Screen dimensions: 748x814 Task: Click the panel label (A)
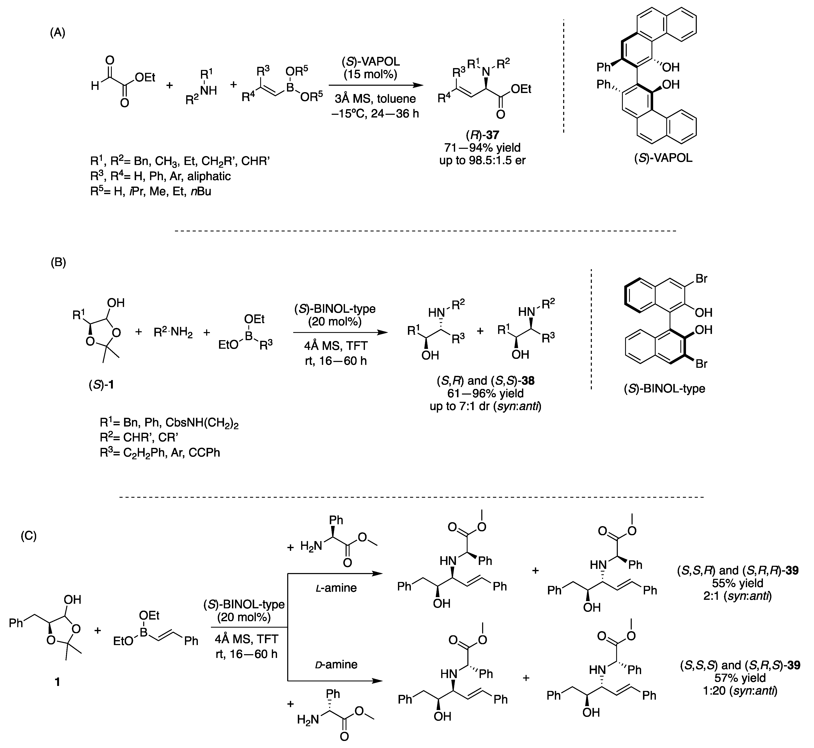tap(57, 33)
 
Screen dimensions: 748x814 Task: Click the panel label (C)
tap(28, 536)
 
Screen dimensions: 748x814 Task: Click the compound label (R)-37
tap(482, 135)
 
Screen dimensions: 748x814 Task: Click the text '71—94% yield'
tap(482, 148)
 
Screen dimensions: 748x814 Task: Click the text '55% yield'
tap(738, 583)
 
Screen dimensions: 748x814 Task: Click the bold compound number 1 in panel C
tap(57, 682)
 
